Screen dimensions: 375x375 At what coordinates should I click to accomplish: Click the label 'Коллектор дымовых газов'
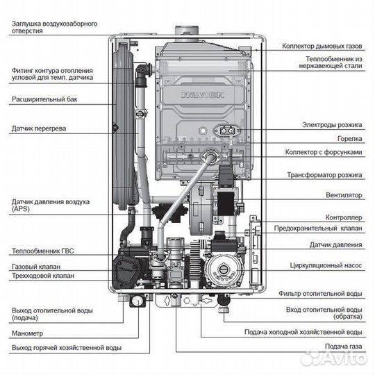(322, 47)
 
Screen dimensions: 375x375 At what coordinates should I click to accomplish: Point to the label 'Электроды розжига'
(332, 125)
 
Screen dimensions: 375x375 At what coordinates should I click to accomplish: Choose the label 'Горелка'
(349, 138)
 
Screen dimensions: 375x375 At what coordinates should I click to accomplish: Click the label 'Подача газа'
(343, 346)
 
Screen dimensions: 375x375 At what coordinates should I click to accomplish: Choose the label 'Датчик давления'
(336, 245)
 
